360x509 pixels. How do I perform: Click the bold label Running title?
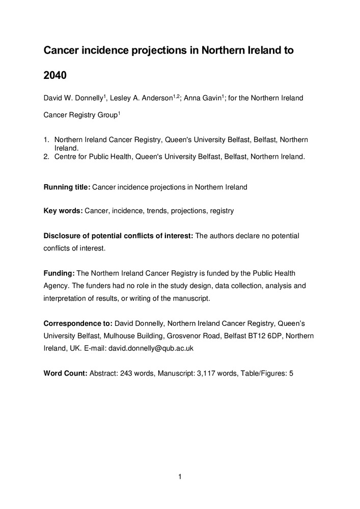67,187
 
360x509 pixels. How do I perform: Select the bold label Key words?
63,211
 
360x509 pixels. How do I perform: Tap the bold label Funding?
59,273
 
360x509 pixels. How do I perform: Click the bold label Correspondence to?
78,323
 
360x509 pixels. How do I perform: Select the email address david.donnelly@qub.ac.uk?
151,349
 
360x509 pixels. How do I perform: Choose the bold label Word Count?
66,373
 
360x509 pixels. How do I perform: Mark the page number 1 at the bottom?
180,477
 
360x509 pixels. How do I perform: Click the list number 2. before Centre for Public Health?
47,156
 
